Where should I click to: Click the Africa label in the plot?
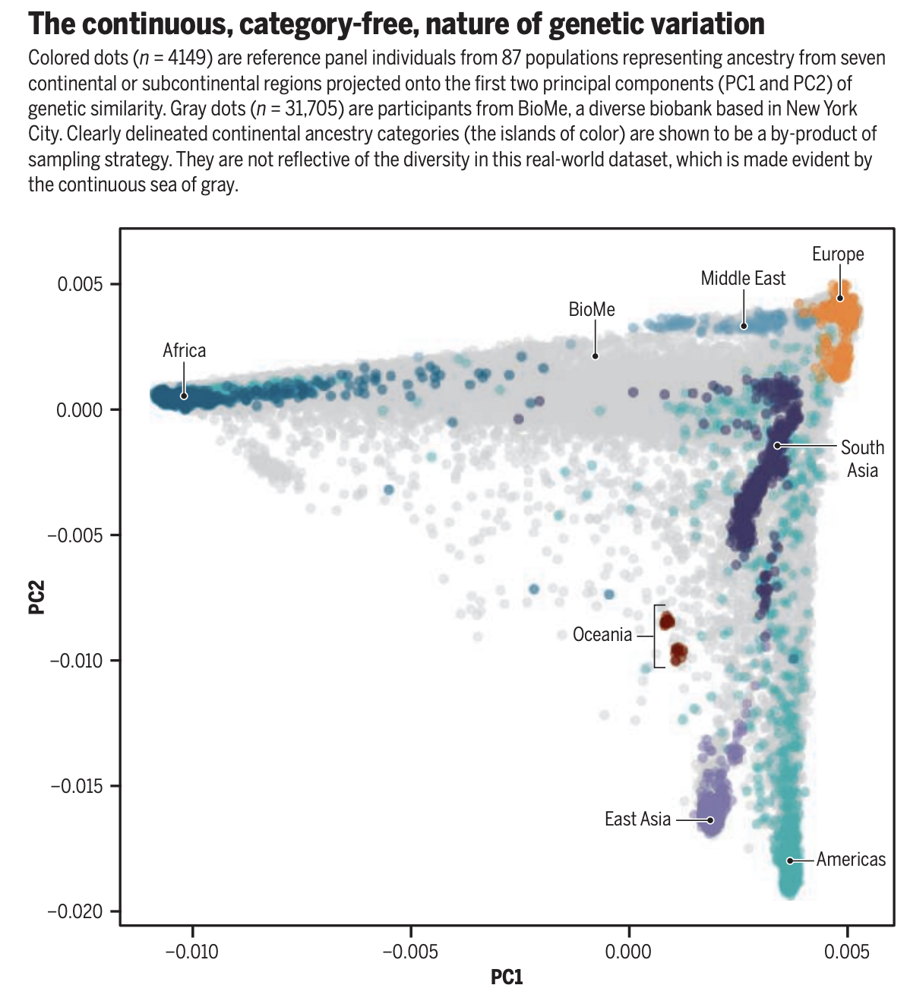tap(184, 350)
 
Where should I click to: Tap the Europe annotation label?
tap(837, 254)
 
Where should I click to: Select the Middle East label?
tap(743, 278)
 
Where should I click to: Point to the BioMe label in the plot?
tap(592, 309)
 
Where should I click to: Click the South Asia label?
tap(862, 459)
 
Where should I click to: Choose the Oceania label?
tap(602, 634)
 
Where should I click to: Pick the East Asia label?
tap(637, 819)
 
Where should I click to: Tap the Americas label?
tap(851, 859)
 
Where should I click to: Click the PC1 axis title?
tap(507, 977)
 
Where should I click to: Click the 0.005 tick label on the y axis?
tap(79, 285)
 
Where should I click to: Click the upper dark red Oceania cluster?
tap(666, 621)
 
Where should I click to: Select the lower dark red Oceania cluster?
tap(678, 652)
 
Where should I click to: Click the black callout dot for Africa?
tap(184, 396)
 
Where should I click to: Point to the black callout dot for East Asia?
tap(711, 820)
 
